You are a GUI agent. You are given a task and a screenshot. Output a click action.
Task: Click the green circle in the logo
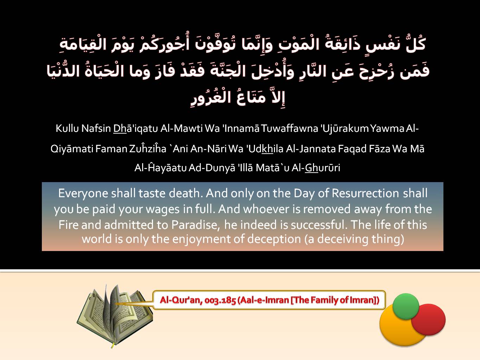[x=406, y=306]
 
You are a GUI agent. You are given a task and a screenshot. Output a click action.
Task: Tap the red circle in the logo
[x=429, y=320]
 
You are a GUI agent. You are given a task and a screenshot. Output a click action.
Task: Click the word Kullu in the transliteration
[x=67, y=128]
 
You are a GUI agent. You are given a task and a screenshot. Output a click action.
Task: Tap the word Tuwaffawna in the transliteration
[x=289, y=128]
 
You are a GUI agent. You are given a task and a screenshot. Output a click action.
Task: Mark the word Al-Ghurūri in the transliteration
[x=316, y=168]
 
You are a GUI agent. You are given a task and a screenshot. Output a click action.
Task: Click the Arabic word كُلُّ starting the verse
[x=416, y=44]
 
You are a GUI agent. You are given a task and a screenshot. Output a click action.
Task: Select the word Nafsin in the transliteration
[x=96, y=128]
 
